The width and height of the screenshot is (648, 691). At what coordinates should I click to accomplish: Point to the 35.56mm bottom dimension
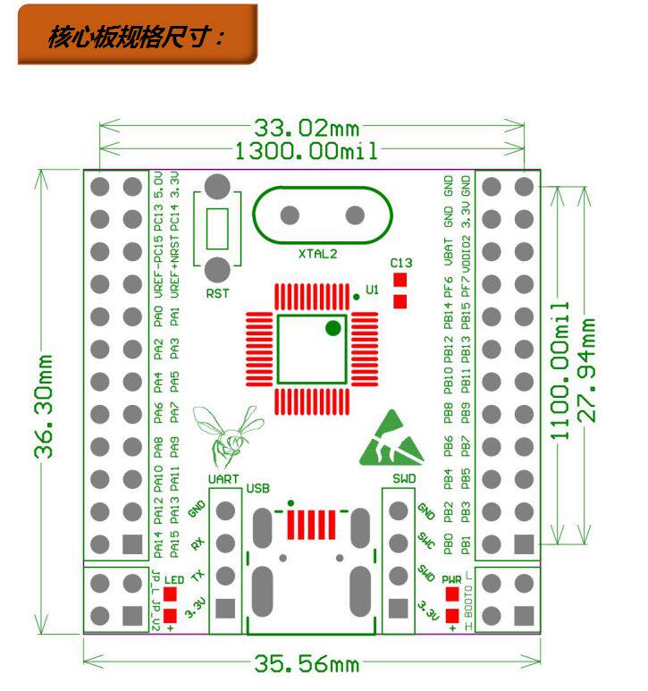click(307, 665)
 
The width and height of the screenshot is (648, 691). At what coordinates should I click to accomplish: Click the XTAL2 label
click(318, 254)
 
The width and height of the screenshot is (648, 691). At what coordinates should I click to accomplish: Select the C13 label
click(401, 263)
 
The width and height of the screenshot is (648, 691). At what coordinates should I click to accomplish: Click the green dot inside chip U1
click(333, 328)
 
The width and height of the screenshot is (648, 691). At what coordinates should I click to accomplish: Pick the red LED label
click(173, 579)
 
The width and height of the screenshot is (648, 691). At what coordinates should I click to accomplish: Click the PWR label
click(451, 579)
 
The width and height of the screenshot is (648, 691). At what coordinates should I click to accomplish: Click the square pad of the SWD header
click(397, 608)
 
